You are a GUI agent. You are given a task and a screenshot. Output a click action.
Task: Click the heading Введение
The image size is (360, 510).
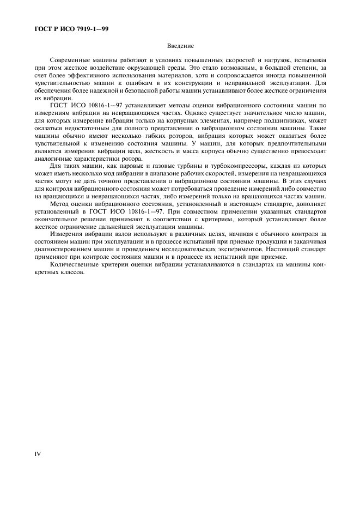coord(180,46)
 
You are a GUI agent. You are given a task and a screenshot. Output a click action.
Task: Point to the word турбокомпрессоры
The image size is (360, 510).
coord(234,165)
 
